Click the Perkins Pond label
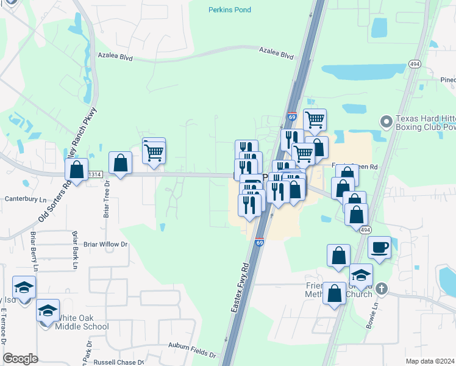click(229, 10)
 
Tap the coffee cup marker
click(379, 248)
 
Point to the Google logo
click(20, 358)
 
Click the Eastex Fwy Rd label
click(241, 288)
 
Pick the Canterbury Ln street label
click(26, 199)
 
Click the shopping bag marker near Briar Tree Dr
click(120, 163)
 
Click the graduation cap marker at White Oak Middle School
click(48, 310)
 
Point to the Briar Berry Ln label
click(34, 251)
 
